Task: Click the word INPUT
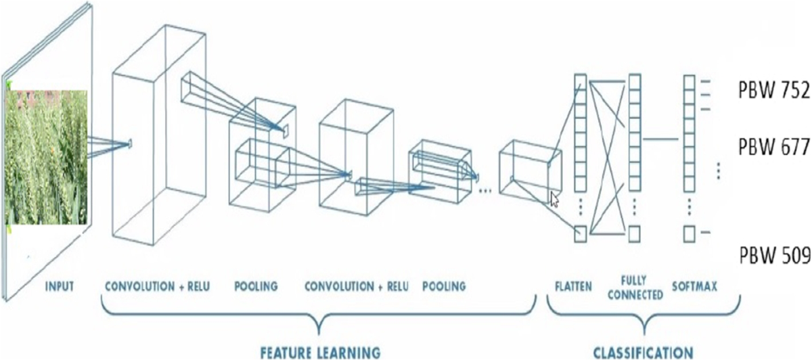59,287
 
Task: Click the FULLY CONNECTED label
636,287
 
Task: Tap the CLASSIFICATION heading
643,352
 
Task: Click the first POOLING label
256,287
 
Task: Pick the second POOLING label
444,287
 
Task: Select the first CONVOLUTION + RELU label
158,287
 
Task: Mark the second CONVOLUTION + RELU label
357,287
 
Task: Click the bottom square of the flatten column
580,234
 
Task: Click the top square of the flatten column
580,82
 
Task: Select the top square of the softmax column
689,82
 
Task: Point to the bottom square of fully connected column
634,234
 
